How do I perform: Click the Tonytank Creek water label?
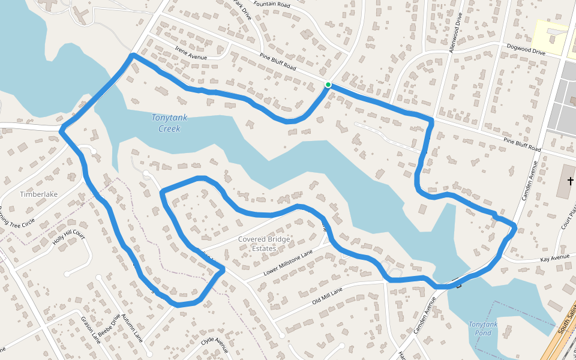point(169,123)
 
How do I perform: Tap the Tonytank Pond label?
point(483,329)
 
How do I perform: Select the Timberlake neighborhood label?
point(38,194)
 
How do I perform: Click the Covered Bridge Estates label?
point(264,244)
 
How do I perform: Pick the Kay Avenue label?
point(554,257)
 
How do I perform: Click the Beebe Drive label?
point(109,326)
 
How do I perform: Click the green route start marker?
point(328,85)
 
